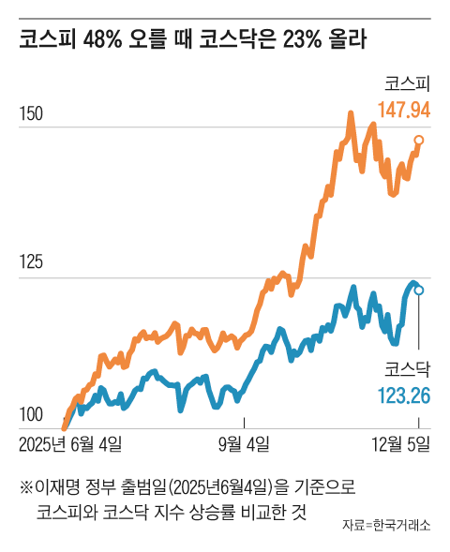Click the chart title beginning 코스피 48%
192,40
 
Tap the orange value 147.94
403,110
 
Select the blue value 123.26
404,395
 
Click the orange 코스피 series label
407,82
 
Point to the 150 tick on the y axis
31,114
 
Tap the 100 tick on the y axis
31,414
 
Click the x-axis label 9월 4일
245,442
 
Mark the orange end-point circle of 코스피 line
419,141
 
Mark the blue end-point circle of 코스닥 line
419,291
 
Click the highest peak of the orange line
350,113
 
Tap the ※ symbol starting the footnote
25,487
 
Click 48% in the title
104,40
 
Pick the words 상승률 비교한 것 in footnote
253,513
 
